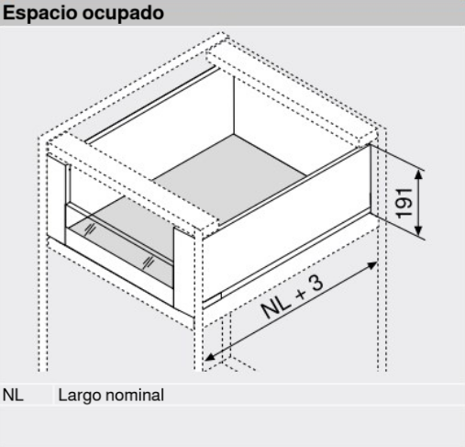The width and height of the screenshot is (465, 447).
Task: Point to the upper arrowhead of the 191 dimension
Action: tap(422, 171)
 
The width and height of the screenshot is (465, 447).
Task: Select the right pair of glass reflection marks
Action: tap(148, 260)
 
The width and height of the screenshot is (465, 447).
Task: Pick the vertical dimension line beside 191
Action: tap(422, 202)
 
